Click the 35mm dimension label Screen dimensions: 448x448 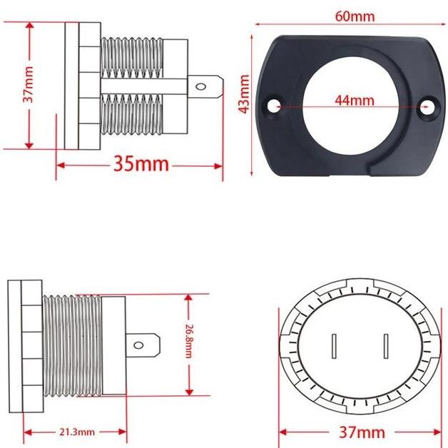click(141, 164)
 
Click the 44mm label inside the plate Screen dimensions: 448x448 click(355, 101)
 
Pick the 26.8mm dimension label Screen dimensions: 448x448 click(189, 344)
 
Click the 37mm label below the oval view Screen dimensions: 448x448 click(362, 432)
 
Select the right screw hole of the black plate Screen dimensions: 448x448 click(428, 106)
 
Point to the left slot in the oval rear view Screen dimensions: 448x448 click(333, 347)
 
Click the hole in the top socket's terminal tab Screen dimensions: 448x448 click(202, 88)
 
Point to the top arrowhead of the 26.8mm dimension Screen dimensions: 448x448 click(189, 297)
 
